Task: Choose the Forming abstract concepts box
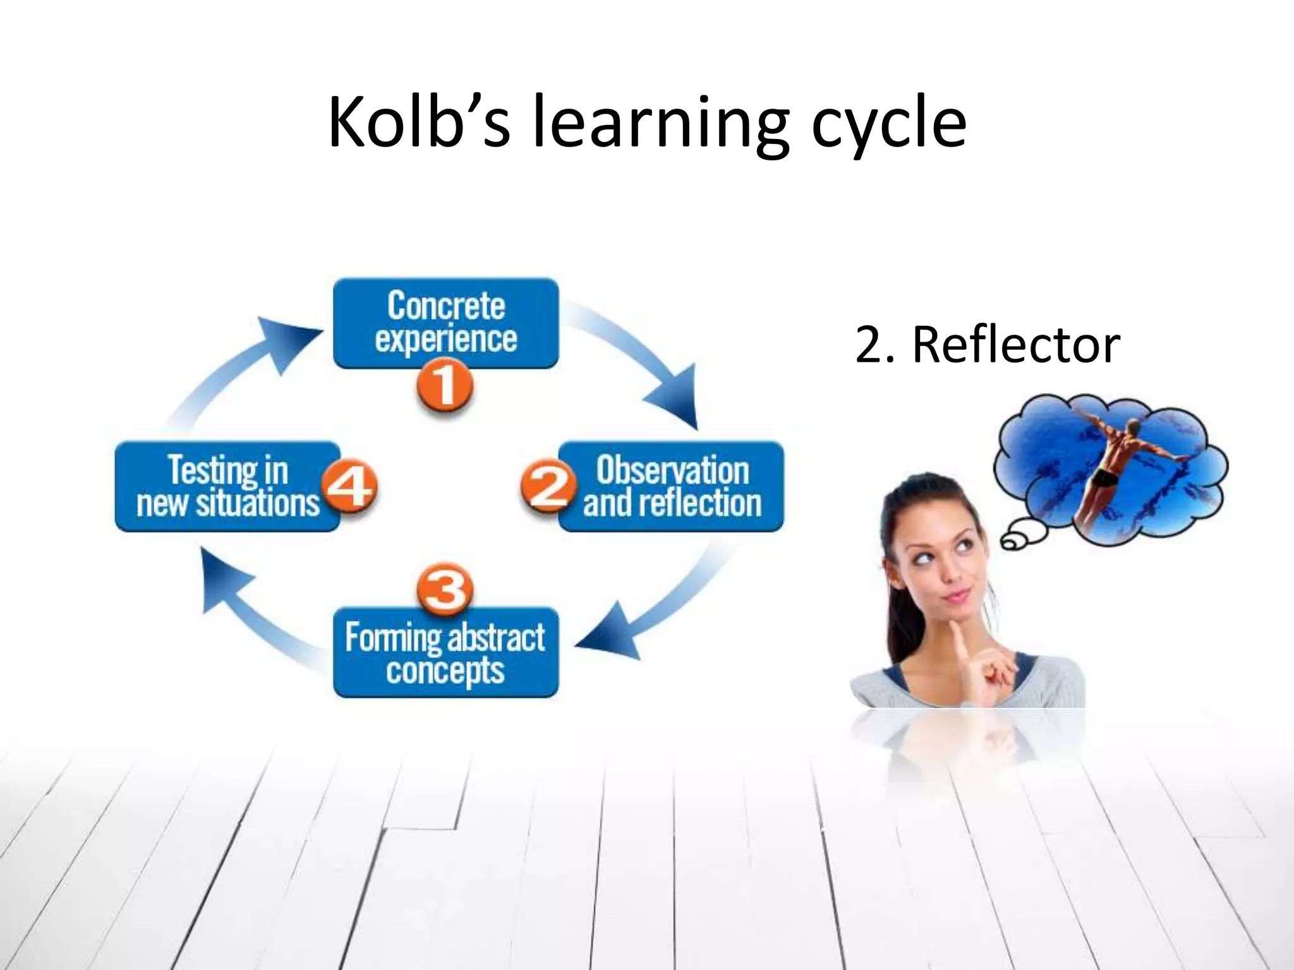coord(445,654)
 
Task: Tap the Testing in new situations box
coord(221,487)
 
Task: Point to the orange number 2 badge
coord(547,487)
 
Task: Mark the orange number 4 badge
coord(349,487)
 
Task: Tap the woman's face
coord(941,556)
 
